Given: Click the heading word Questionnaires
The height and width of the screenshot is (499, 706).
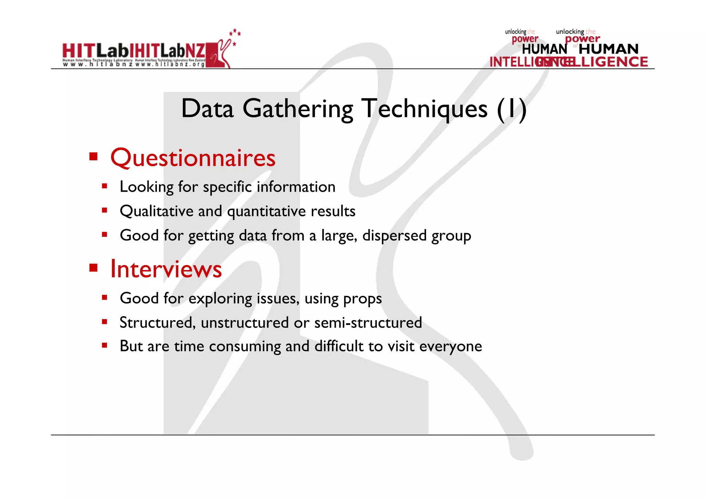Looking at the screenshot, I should (x=193, y=158).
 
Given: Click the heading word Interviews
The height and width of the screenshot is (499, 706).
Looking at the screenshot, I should (x=166, y=269).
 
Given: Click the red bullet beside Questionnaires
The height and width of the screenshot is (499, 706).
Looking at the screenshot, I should (x=93, y=157).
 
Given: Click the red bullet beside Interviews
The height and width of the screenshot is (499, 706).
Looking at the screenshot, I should (x=93, y=268).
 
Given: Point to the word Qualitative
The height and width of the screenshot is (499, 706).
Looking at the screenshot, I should (x=157, y=211).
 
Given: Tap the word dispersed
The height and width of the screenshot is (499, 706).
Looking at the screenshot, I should (x=394, y=236).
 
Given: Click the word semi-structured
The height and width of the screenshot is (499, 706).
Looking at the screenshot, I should (x=368, y=323).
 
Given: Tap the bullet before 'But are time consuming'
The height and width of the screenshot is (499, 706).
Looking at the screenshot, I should (x=105, y=345).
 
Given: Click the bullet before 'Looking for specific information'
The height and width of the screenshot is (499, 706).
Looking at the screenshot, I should (x=105, y=186).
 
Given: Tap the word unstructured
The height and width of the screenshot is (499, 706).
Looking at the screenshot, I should (x=245, y=323).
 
